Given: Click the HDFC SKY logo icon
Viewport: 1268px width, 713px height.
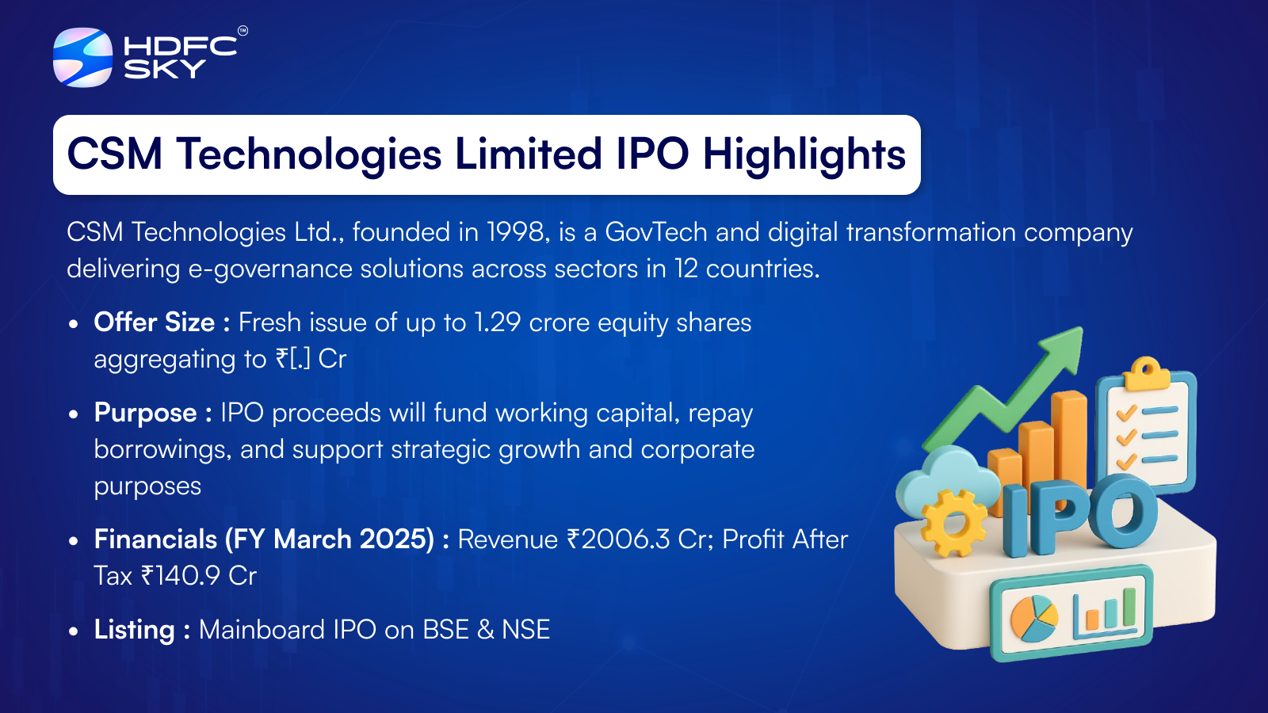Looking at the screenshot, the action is [x=82, y=57].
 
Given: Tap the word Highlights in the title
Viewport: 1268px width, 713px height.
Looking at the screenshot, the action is [x=804, y=155].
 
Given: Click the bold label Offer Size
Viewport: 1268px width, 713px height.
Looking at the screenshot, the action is [x=154, y=322].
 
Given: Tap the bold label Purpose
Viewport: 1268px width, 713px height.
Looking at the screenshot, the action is [x=146, y=414].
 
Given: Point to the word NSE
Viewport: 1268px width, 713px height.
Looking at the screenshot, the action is [x=525, y=630].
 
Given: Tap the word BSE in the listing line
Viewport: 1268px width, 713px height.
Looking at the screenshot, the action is [x=446, y=630].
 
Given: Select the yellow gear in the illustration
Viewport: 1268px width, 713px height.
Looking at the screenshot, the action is [x=954, y=523].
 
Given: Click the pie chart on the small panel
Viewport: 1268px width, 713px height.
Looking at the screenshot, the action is [x=1034, y=619].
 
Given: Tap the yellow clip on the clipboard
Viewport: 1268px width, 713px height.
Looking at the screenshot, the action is [x=1147, y=373].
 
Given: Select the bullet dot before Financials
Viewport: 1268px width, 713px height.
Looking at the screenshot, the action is [x=73, y=541].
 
